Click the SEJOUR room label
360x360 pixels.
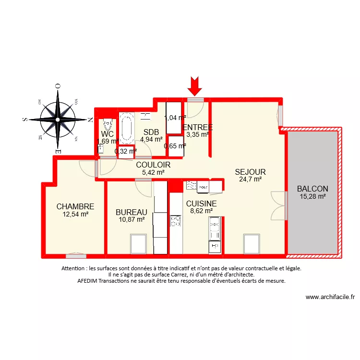(250, 172)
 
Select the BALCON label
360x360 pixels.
(312, 189)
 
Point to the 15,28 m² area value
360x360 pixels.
(312, 196)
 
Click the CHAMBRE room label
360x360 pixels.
(75, 206)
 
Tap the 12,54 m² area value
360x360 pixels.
(75, 215)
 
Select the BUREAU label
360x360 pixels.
(131, 212)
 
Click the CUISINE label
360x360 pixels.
(201, 204)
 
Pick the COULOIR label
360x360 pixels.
(153, 165)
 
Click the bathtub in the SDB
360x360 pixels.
(127, 129)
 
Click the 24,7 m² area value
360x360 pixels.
(250, 180)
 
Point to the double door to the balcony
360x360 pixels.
(278, 205)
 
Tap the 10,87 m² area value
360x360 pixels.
(131, 219)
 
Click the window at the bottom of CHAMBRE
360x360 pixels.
(76, 255)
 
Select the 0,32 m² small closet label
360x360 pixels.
(125, 151)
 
